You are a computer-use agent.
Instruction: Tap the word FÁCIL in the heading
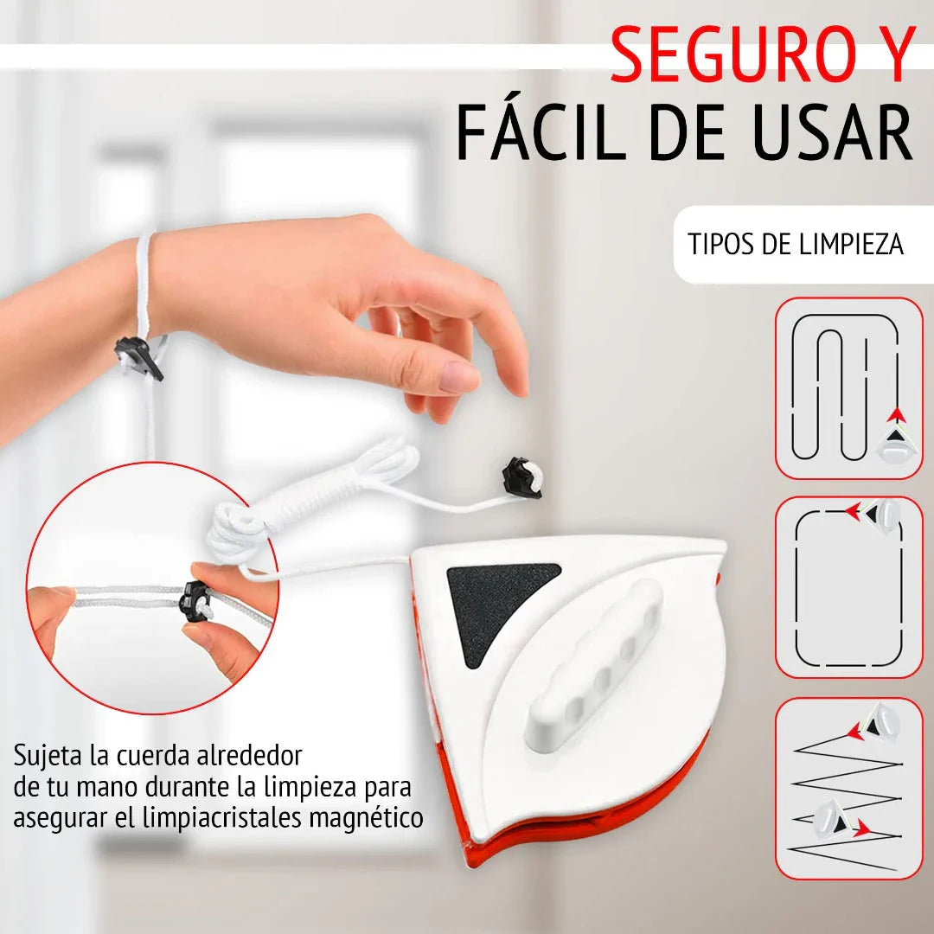coord(541,131)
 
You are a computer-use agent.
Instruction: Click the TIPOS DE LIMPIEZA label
coord(796,245)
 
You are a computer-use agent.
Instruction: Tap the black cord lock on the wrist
coord(138,357)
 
